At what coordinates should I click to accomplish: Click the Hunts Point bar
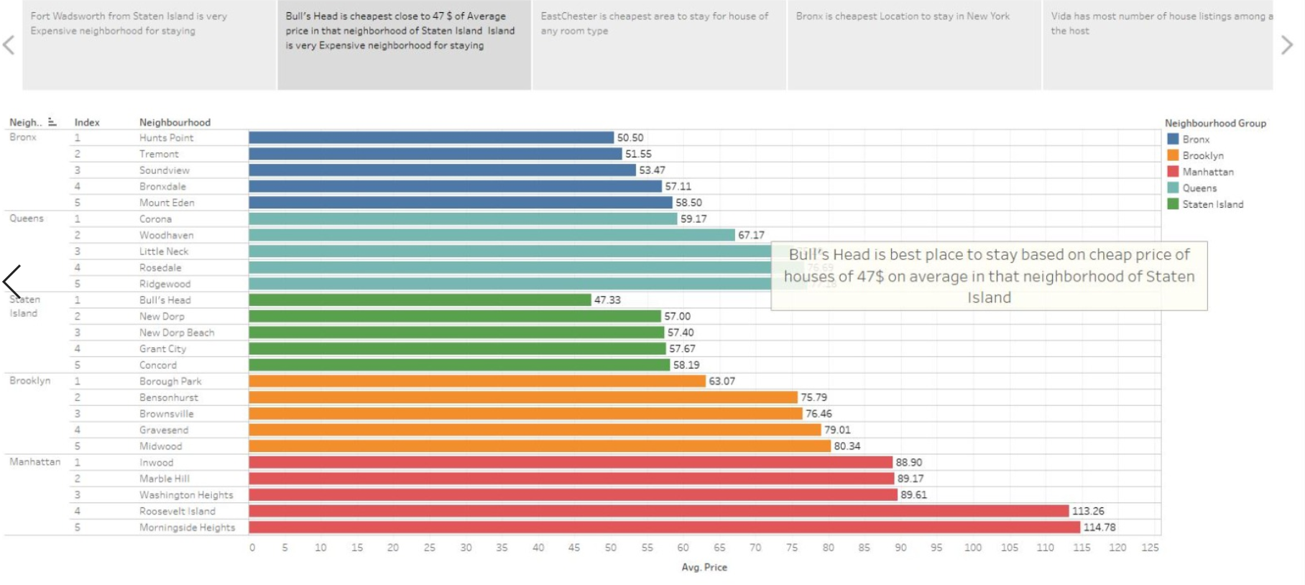(431, 137)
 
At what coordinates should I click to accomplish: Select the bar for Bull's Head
(420, 300)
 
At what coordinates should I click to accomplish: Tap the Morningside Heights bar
(664, 527)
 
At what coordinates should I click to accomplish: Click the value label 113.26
(1087, 511)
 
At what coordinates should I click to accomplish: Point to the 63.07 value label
(721, 381)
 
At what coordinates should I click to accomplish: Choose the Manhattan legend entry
(1207, 172)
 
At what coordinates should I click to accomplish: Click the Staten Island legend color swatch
(1173, 204)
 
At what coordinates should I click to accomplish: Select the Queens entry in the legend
(1199, 188)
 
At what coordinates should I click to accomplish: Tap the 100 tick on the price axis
(972, 548)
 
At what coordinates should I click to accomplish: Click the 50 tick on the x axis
(610, 548)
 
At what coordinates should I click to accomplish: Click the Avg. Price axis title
(704, 567)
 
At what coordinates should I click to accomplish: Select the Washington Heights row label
(186, 494)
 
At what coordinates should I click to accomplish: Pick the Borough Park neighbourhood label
(170, 381)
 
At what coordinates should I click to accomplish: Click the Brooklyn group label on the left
(29, 380)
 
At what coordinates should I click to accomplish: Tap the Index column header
(87, 122)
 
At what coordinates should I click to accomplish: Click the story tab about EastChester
(658, 45)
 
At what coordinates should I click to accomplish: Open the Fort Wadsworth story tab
(149, 45)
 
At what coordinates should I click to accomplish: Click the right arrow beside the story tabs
(1286, 45)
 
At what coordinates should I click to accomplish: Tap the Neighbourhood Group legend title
(1214, 123)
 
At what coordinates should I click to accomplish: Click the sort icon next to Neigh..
(52, 122)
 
